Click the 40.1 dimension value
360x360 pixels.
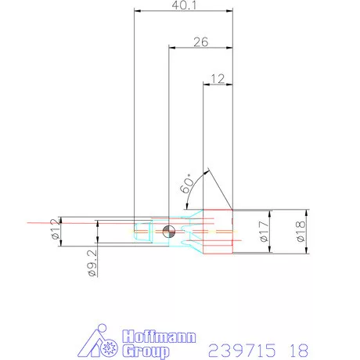coord(185,5)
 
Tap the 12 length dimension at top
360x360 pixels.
coord(218,77)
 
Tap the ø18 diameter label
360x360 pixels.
coord(301,231)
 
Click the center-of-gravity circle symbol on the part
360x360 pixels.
coord(166,231)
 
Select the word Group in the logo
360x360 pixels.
coord(147,351)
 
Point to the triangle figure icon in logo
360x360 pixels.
coord(99,343)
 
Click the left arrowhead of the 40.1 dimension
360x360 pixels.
coord(137,12)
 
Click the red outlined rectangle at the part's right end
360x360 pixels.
coord(219,233)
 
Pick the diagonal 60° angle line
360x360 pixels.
coord(218,189)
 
